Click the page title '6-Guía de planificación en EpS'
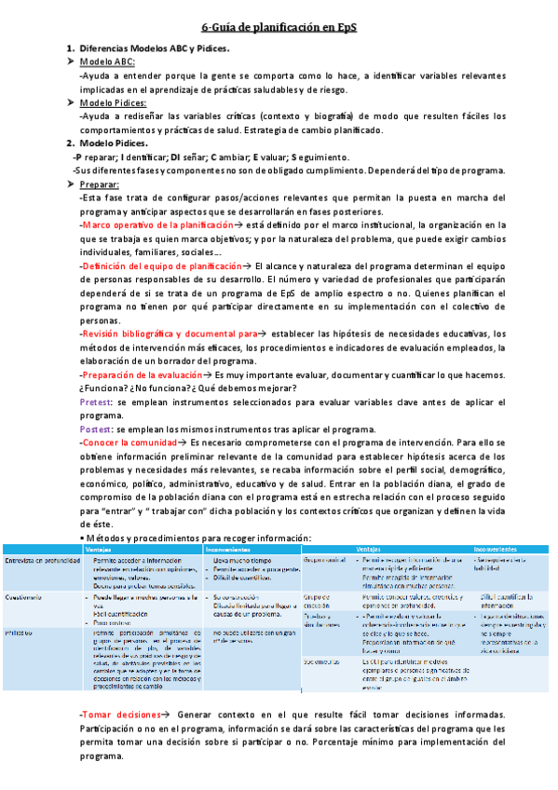pyautogui.click(x=279, y=28)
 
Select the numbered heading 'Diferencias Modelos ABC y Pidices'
pyautogui.click(x=154, y=48)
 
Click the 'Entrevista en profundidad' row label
pyautogui.click(x=43, y=561)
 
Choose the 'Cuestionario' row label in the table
pyautogui.click(x=24, y=595)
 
